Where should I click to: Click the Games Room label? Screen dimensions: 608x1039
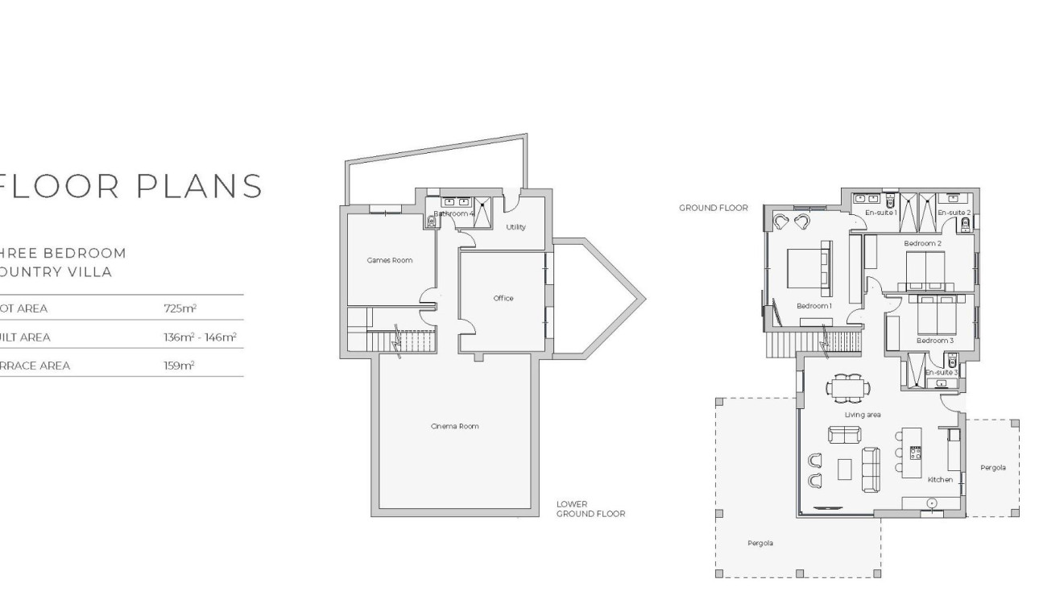(x=389, y=260)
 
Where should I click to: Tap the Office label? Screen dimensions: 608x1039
(x=503, y=299)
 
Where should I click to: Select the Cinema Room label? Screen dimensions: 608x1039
(x=454, y=426)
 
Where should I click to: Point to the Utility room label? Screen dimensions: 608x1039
(x=515, y=227)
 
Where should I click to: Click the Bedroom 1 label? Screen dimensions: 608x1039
(x=813, y=306)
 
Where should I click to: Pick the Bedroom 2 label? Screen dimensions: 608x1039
(x=922, y=243)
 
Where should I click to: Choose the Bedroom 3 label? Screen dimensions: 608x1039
(x=934, y=341)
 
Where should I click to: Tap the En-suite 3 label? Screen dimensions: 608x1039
(x=941, y=373)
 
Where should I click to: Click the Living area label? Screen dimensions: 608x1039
(x=862, y=415)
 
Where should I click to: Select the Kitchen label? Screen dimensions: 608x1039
(x=940, y=480)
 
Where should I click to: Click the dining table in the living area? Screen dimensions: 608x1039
(x=847, y=387)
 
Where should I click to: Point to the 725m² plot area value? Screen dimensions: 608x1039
(x=180, y=308)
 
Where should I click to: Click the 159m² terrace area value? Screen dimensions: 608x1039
(x=179, y=366)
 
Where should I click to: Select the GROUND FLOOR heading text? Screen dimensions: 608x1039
(x=713, y=208)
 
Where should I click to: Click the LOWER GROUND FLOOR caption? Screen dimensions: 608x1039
(x=590, y=509)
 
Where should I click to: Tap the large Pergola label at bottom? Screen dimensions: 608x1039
(x=760, y=544)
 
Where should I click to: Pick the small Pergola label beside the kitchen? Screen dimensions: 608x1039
(x=992, y=468)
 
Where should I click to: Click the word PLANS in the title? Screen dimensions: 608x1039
(x=201, y=186)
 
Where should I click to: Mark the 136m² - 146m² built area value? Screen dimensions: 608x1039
(x=199, y=337)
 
